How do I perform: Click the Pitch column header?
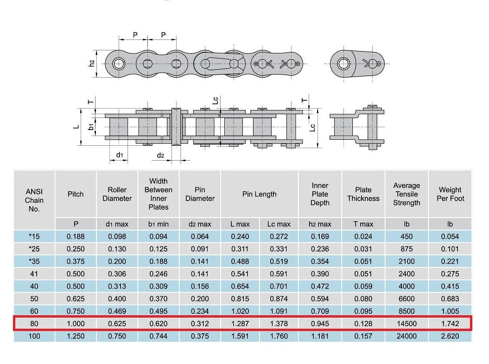[76, 194]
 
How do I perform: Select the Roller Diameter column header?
[117, 194]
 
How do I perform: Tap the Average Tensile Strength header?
[406, 194]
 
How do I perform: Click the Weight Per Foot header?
[450, 194]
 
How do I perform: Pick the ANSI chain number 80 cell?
[34, 324]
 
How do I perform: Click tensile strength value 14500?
[406, 324]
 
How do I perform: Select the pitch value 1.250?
[76, 336]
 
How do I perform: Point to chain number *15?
[34, 236]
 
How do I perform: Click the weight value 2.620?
[450, 336]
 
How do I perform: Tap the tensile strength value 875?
[406, 249]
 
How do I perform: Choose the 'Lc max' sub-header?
[279, 224]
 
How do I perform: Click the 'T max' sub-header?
[363, 224]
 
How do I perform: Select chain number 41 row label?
[34, 274]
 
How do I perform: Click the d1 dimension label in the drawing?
[120, 155]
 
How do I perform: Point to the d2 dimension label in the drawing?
[160, 155]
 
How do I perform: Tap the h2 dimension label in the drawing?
[91, 64]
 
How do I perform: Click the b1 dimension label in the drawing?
[91, 127]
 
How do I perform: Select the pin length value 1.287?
[240, 324]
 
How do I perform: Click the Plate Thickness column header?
[363, 194]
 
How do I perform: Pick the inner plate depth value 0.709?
[320, 311]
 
